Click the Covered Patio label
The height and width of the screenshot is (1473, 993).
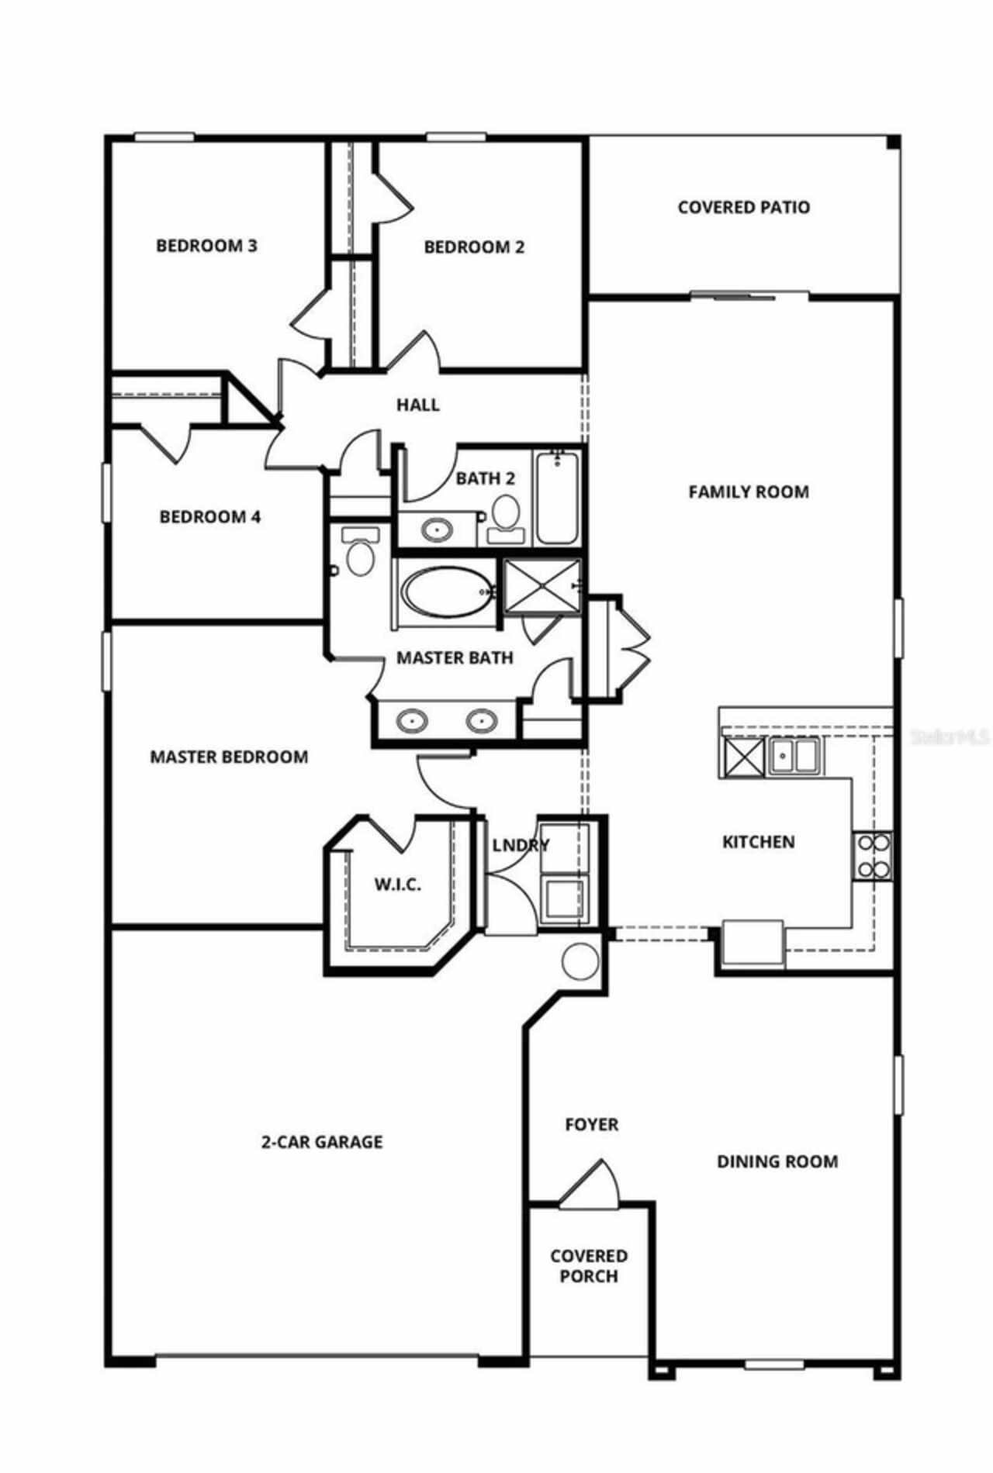[743, 207]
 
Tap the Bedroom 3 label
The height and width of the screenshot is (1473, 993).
[206, 246]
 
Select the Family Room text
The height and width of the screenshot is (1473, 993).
[748, 492]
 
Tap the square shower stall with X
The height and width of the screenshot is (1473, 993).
[541, 586]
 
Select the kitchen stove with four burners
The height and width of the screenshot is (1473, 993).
[872, 856]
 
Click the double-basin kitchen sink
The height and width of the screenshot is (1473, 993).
[794, 755]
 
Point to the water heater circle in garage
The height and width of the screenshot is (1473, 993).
[580, 961]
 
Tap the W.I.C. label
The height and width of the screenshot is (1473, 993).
[398, 884]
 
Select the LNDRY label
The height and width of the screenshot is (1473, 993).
[521, 845]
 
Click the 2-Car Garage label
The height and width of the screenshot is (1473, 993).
[321, 1141]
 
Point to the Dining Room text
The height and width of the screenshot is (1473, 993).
[777, 1161]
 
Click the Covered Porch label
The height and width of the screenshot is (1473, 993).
[589, 1265]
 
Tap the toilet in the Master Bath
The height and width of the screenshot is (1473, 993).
[359, 552]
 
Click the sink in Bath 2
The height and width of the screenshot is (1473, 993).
[436, 530]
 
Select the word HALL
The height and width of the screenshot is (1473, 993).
[417, 404]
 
